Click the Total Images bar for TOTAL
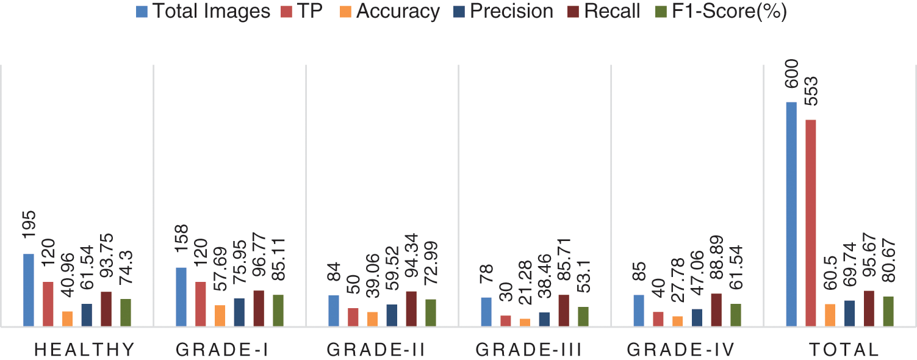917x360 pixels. point(791,214)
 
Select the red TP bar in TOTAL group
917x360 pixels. point(811,223)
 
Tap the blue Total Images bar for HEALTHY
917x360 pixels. point(29,290)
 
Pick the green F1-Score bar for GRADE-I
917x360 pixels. point(278,311)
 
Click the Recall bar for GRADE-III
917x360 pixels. point(564,311)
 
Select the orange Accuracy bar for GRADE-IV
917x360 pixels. point(678,322)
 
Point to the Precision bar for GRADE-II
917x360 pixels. point(392,315)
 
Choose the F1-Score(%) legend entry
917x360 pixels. point(722,11)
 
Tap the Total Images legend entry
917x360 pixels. point(204,11)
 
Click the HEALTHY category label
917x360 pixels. point(84,350)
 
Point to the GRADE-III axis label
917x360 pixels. point(528,350)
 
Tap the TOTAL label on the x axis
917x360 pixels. point(844,350)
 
